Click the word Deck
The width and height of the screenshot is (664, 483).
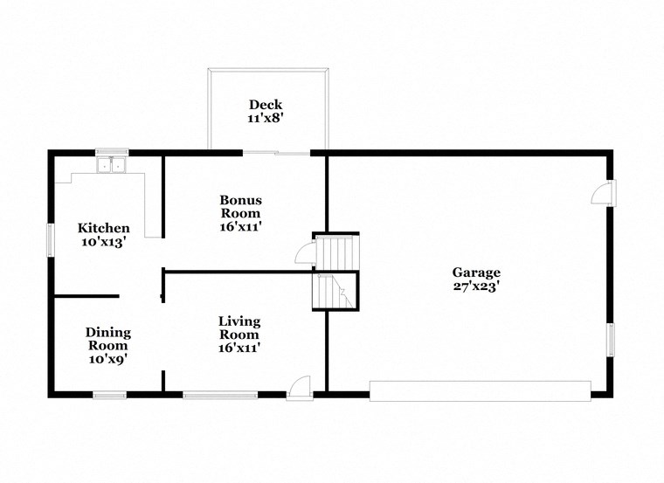265,105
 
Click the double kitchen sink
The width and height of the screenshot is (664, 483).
112,165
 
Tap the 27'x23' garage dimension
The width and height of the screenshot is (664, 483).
476,286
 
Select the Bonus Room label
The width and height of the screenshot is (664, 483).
240,206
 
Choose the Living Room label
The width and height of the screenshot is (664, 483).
239,328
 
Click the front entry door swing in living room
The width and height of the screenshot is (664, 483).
300,386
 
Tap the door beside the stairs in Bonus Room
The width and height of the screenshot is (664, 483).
306,252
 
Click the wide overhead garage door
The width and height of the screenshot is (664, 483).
480,390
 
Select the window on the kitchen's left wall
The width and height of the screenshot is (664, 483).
51,238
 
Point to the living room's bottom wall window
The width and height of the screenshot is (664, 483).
221,395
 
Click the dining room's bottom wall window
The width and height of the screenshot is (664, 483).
110,395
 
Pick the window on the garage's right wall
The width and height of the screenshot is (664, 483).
611,339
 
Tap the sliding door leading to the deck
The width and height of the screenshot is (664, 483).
276,153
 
